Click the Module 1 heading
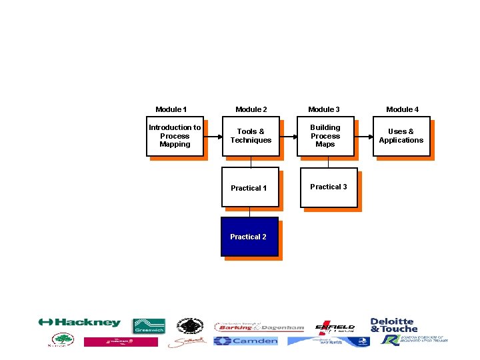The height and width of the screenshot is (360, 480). pos(171,109)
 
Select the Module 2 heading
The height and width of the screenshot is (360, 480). pos(251,109)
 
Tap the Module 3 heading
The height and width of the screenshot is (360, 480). pos(324,109)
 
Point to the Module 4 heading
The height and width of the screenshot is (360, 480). pos(403,109)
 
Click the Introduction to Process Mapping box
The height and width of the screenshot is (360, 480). pos(175,136)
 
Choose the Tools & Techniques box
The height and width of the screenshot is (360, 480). pos(251,136)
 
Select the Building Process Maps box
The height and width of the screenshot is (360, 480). pos(325,136)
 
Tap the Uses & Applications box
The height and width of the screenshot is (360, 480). pos(401,136)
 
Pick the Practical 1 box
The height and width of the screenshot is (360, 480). pos(249,187)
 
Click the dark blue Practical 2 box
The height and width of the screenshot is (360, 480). pos(249,237)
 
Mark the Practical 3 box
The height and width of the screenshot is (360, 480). pos(329,187)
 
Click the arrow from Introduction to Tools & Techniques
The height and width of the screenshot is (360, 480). pos(213,136)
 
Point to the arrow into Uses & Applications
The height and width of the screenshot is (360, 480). pos(363,136)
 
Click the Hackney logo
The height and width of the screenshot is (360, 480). pos(80,323)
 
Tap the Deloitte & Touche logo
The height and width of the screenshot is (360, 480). pos(394,325)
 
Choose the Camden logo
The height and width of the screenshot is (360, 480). pos(246,341)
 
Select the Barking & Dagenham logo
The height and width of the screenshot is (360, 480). pos(259,327)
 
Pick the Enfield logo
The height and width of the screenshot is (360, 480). pos(335,327)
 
